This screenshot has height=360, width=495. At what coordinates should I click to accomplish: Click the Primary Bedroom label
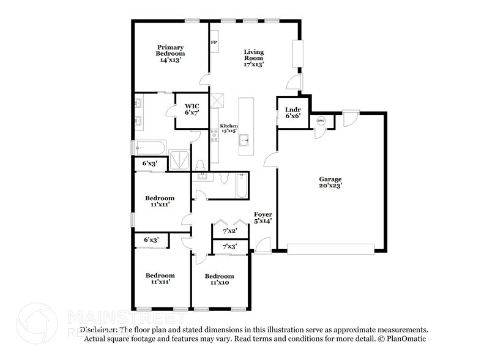point(170,53)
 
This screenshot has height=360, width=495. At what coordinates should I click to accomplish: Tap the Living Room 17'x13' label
point(254,58)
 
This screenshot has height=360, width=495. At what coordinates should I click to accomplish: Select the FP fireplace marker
point(214,42)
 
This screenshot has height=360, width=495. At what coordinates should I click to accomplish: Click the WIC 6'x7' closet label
point(192,110)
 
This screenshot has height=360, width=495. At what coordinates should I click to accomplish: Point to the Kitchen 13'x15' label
point(229,129)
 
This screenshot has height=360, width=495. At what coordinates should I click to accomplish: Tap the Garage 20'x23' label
point(330,182)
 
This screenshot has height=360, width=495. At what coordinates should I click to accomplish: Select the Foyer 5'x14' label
point(263,217)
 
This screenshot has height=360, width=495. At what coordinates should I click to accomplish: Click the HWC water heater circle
point(321,121)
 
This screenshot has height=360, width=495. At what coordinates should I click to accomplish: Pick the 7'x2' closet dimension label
point(230,231)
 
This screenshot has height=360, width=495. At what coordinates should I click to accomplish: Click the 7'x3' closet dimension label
point(230,246)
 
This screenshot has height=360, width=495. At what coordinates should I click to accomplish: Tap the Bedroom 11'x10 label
point(219,279)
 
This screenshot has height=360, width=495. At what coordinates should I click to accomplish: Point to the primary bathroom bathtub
point(151,148)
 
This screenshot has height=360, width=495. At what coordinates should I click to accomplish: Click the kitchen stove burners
point(214,135)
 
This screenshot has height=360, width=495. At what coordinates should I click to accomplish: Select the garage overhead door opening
point(330,249)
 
